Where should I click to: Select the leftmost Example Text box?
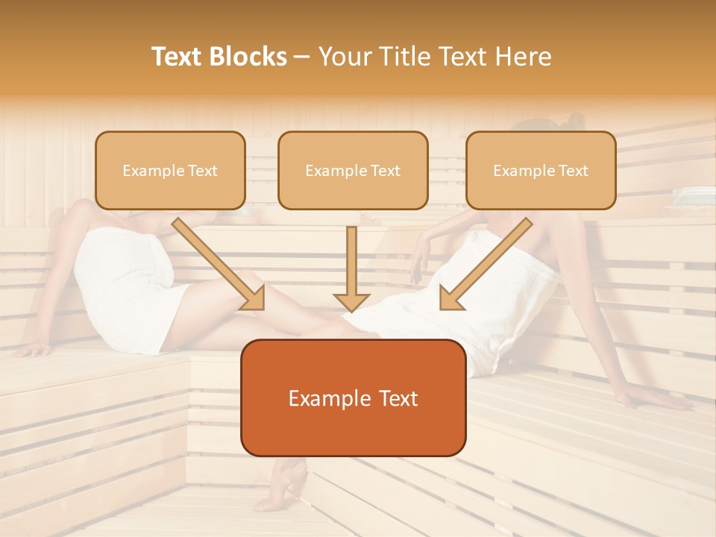pyautogui.click(x=170, y=171)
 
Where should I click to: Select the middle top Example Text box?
pyautogui.click(x=353, y=171)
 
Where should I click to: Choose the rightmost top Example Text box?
pyautogui.click(x=541, y=171)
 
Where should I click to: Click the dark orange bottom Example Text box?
pyautogui.click(x=353, y=398)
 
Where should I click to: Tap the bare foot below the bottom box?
pyautogui.click(x=282, y=489)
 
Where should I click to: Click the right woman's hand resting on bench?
pyautogui.click(x=656, y=401)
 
